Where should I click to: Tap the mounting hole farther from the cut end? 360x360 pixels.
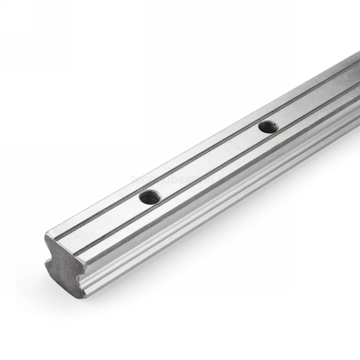[267, 127]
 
